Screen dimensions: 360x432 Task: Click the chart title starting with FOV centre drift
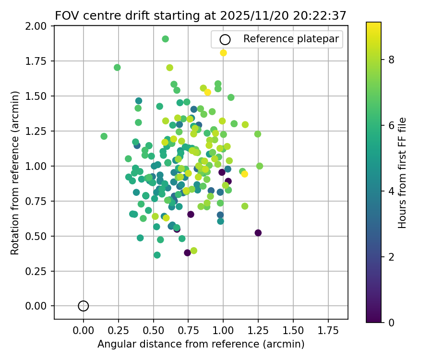(201, 15)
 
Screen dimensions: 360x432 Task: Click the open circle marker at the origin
(84, 306)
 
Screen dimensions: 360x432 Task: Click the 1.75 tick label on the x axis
(328, 331)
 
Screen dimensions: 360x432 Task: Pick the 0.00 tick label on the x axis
(84, 331)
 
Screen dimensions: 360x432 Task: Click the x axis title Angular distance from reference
(201, 344)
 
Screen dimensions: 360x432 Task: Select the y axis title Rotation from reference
(15, 172)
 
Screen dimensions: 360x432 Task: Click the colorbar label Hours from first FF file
(403, 172)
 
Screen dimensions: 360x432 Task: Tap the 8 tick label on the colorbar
(391, 60)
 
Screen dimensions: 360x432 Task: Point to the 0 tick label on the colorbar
(391, 322)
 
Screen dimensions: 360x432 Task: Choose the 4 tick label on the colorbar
(391, 191)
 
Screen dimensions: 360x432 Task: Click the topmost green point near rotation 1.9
(165, 39)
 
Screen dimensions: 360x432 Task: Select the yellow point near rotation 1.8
(223, 53)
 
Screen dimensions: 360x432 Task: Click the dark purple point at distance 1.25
(258, 233)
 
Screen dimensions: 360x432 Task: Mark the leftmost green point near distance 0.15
(104, 136)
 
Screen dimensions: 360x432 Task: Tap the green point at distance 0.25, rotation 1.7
(117, 67)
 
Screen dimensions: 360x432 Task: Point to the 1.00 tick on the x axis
(223, 319)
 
